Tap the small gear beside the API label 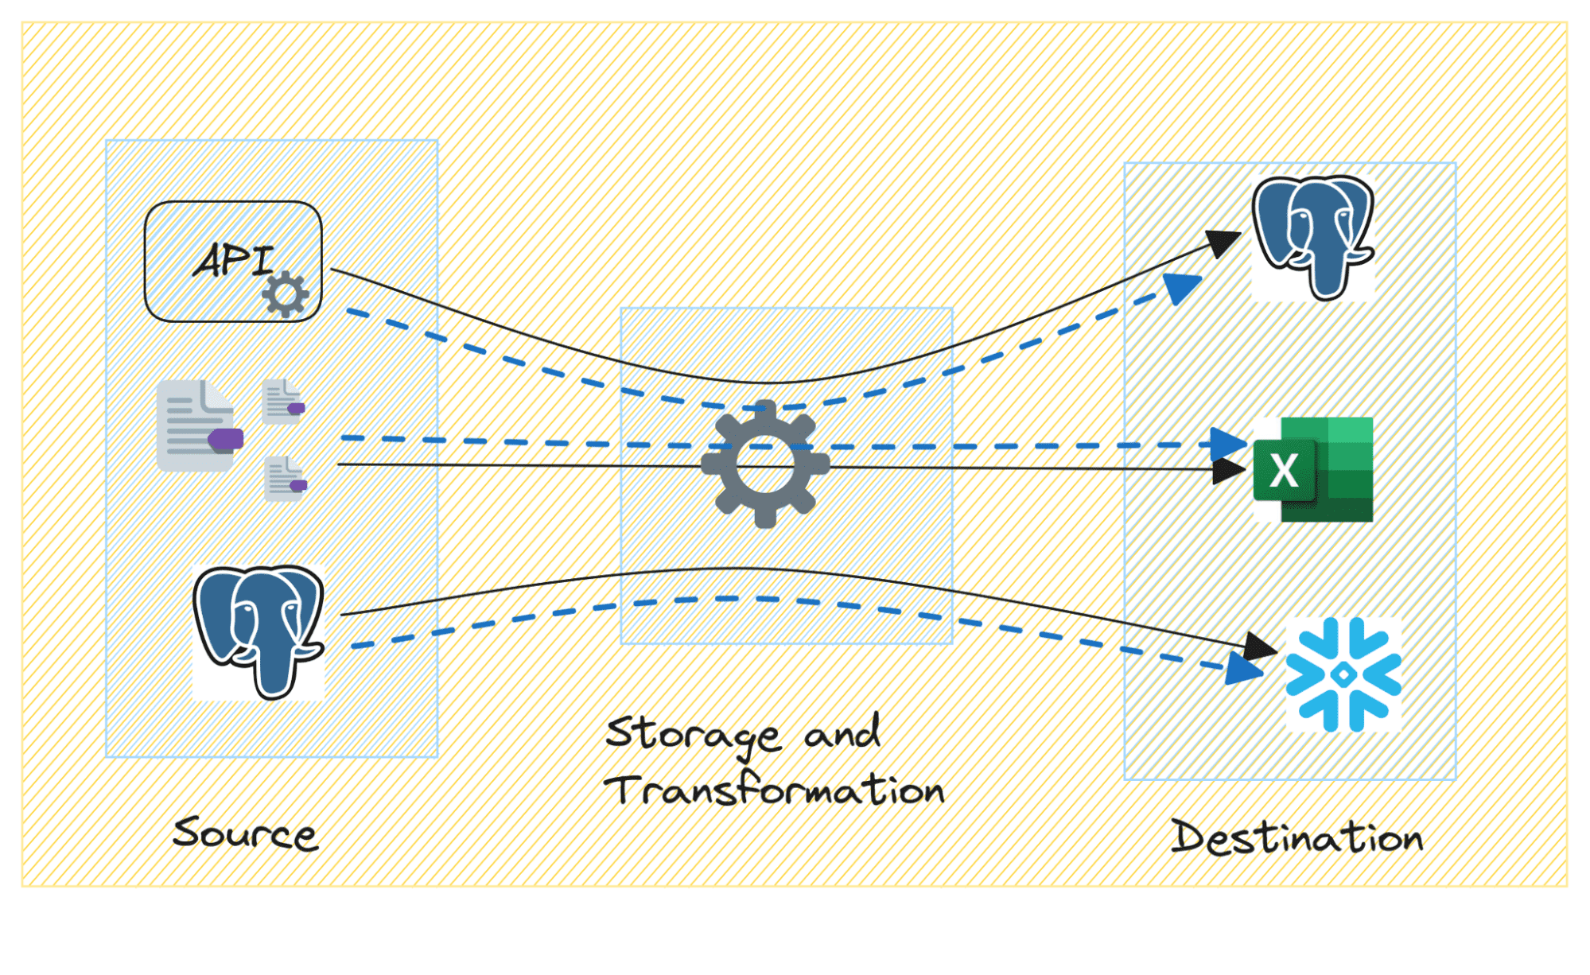(285, 294)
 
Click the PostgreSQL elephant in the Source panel (259, 631)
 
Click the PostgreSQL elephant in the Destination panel (1313, 237)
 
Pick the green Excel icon (1313, 469)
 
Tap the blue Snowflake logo (1343, 674)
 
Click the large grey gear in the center (765, 464)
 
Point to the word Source (245, 833)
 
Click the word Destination (1296, 838)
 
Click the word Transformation (774, 790)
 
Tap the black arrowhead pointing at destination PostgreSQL (1223, 243)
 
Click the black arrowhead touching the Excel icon (1228, 470)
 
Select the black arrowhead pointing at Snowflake (1261, 647)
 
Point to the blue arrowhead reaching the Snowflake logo (1244, 670)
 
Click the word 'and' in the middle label (842, 732)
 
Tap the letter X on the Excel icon (1284, 471)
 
